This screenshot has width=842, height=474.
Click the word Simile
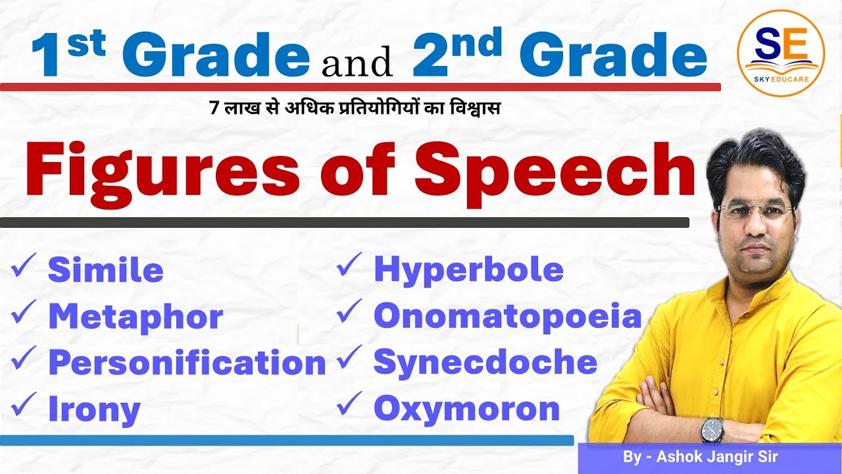(x=105, y=271)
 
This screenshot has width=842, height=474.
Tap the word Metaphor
(x=136, y=317)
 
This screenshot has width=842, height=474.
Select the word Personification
(x=187, y=363)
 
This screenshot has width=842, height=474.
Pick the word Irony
(x=94, y=409)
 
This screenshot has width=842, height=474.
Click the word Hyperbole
(x=468, y=270)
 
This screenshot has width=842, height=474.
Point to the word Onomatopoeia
(x=507, y=317)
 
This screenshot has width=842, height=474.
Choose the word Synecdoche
(x=485, y=363)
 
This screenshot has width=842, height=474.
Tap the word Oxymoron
(x=466, y=409)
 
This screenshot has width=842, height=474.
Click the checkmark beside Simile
(x=24, y=269)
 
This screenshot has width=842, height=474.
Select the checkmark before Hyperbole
(x=349, y=267)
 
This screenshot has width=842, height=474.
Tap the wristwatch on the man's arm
(x=712, y=430)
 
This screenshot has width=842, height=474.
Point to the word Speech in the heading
(x=554, y=171)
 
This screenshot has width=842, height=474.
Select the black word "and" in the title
(x=358, y=63)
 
